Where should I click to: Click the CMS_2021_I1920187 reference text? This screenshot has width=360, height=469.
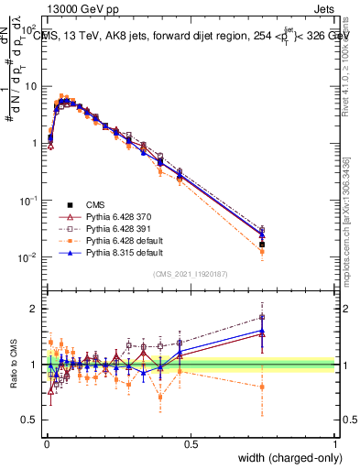pos(191,273)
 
